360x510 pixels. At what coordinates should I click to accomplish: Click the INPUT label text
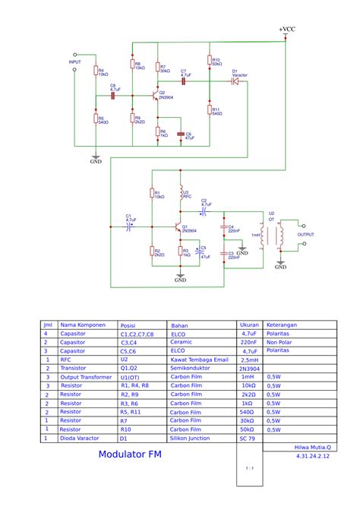click(74, 62)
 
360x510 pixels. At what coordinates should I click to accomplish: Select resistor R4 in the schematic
click(96, 71)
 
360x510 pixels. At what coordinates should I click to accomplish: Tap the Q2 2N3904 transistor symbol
click(155, 97)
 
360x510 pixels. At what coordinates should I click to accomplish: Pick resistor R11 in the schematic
click(209, 110)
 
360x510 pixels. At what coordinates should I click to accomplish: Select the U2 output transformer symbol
click(279, 236)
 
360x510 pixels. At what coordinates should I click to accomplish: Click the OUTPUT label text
click(305, 235)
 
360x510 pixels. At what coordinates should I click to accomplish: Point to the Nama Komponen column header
click(83, 324)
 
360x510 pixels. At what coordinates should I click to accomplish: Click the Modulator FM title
click(129, 455)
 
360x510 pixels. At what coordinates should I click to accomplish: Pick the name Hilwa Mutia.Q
click(311, 448)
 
